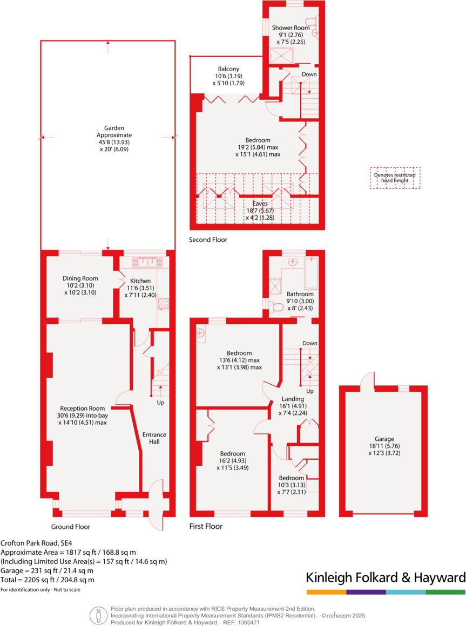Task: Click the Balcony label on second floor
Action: (x=228, y=69)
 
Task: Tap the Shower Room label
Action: (x=291, y=28)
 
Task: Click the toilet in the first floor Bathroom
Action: (x=276, y=307)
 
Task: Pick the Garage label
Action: (x=384, y=439)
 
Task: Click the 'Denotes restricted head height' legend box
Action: (x=395, y=177)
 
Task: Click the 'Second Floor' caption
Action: (x=208, y=240)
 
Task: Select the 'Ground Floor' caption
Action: (x=71, y=527)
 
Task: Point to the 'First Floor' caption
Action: (x=206, y=526)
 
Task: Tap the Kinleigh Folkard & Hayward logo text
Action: (x=386, y=577)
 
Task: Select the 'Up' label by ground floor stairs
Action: (x=160, y=403)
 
